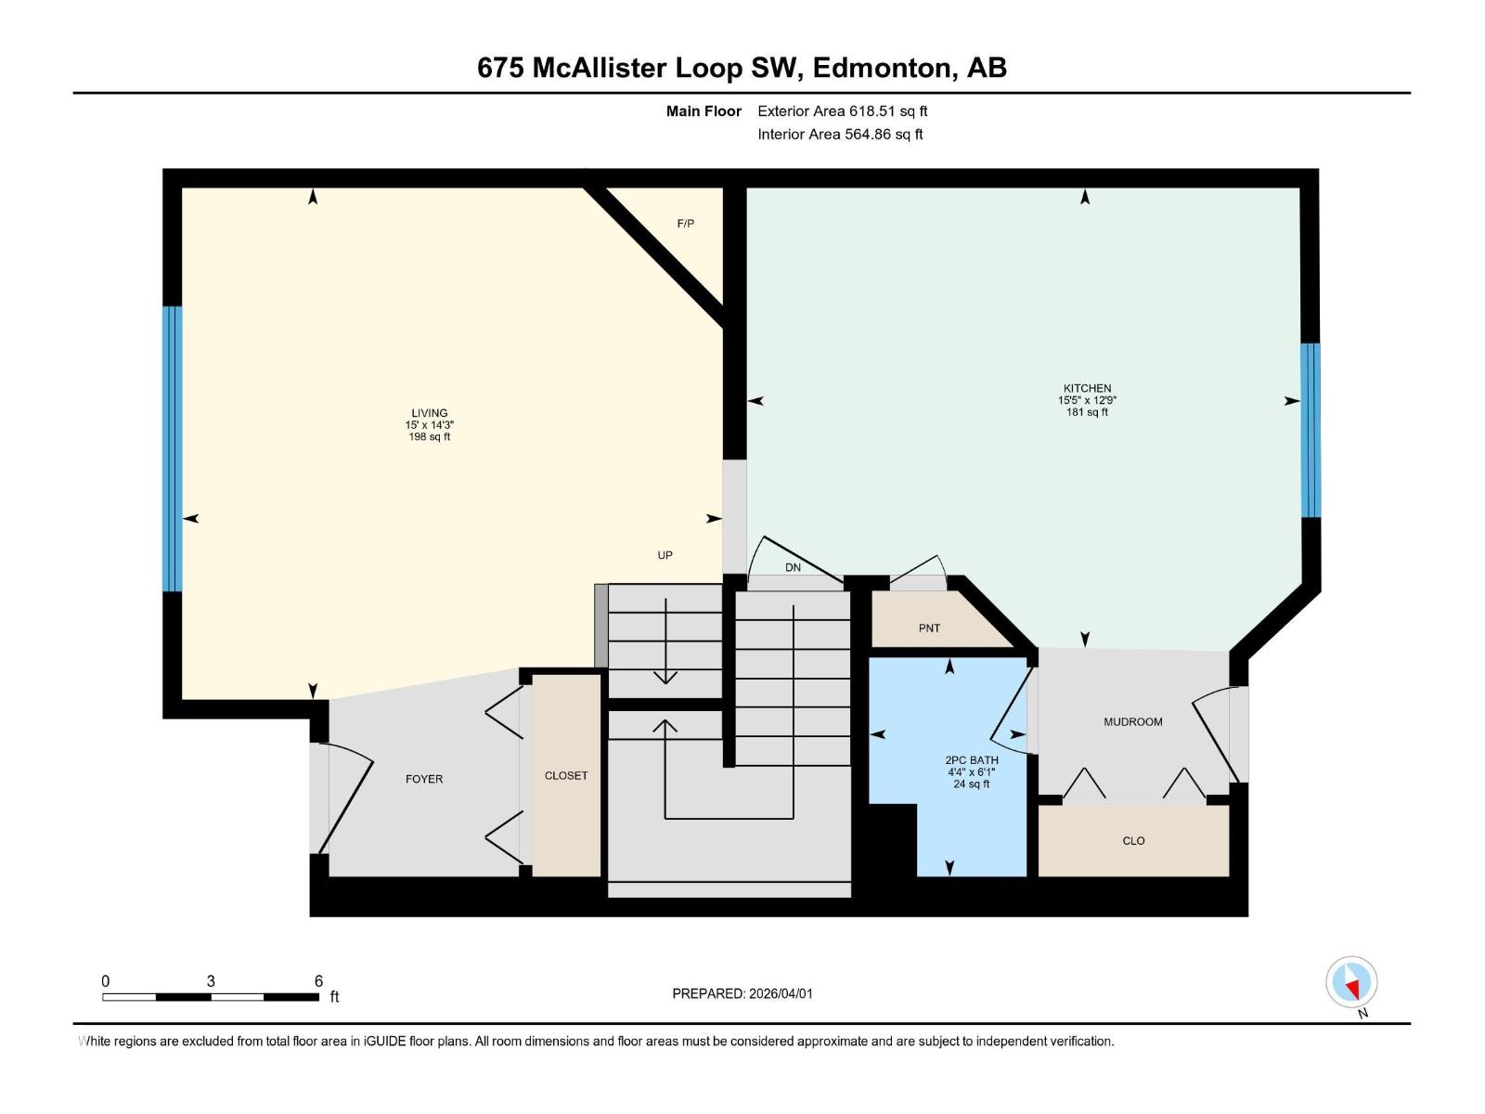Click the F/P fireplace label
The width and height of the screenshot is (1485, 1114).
point(685,224)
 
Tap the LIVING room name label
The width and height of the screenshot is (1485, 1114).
point(430,413)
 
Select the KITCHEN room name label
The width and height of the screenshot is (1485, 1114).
point(1087,388)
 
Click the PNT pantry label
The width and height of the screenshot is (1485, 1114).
point(929,628)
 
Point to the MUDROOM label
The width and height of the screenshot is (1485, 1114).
point(1132,721)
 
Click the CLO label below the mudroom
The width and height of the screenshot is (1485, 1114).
point(1133,841)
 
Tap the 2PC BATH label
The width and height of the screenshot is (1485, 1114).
point(972,759)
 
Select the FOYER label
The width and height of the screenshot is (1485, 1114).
point(424,779)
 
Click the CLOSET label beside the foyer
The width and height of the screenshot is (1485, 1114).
point(566,775)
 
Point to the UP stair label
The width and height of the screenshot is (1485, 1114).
point(665,555)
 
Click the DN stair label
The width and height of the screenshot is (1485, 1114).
point(793,567)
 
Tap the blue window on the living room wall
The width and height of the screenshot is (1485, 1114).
point(173,448)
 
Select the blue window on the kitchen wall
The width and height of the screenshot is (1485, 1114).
point(1310,430)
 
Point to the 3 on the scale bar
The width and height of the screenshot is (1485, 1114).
point(211,981)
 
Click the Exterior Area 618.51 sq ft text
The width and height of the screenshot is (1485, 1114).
point(842,111)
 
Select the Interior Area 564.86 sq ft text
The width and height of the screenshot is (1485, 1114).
point(840,135)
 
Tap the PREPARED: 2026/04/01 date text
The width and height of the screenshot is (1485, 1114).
point(742,993)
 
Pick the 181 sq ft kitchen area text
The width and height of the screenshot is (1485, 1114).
point(1087,412)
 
